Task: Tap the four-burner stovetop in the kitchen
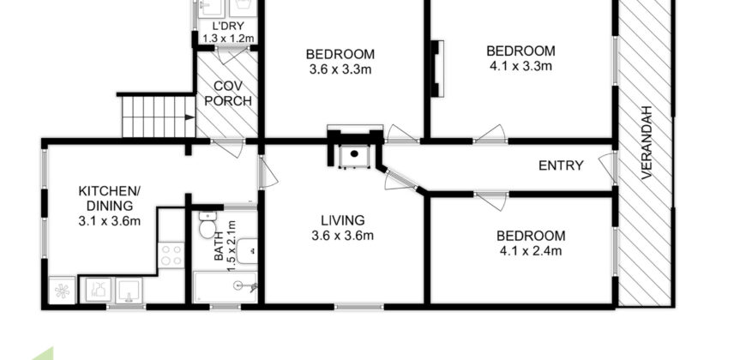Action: pyautogui.click(x=171, y=255)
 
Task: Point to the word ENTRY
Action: pyautogui.click(x=561, y=165)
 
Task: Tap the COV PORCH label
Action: pyautogui.click(x=232, y=93)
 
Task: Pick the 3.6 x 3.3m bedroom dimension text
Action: pyautogui.click(x=340, y=70)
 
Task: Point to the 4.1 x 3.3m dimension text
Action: pyautogui.click(x=520, y=66)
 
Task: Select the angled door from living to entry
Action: pyautogui.click(x=399, y=181)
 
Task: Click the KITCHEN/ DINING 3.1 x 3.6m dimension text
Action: pyautogui.click(x=109, y=221)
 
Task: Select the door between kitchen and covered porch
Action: pyautogui.click(x=228, y=147)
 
